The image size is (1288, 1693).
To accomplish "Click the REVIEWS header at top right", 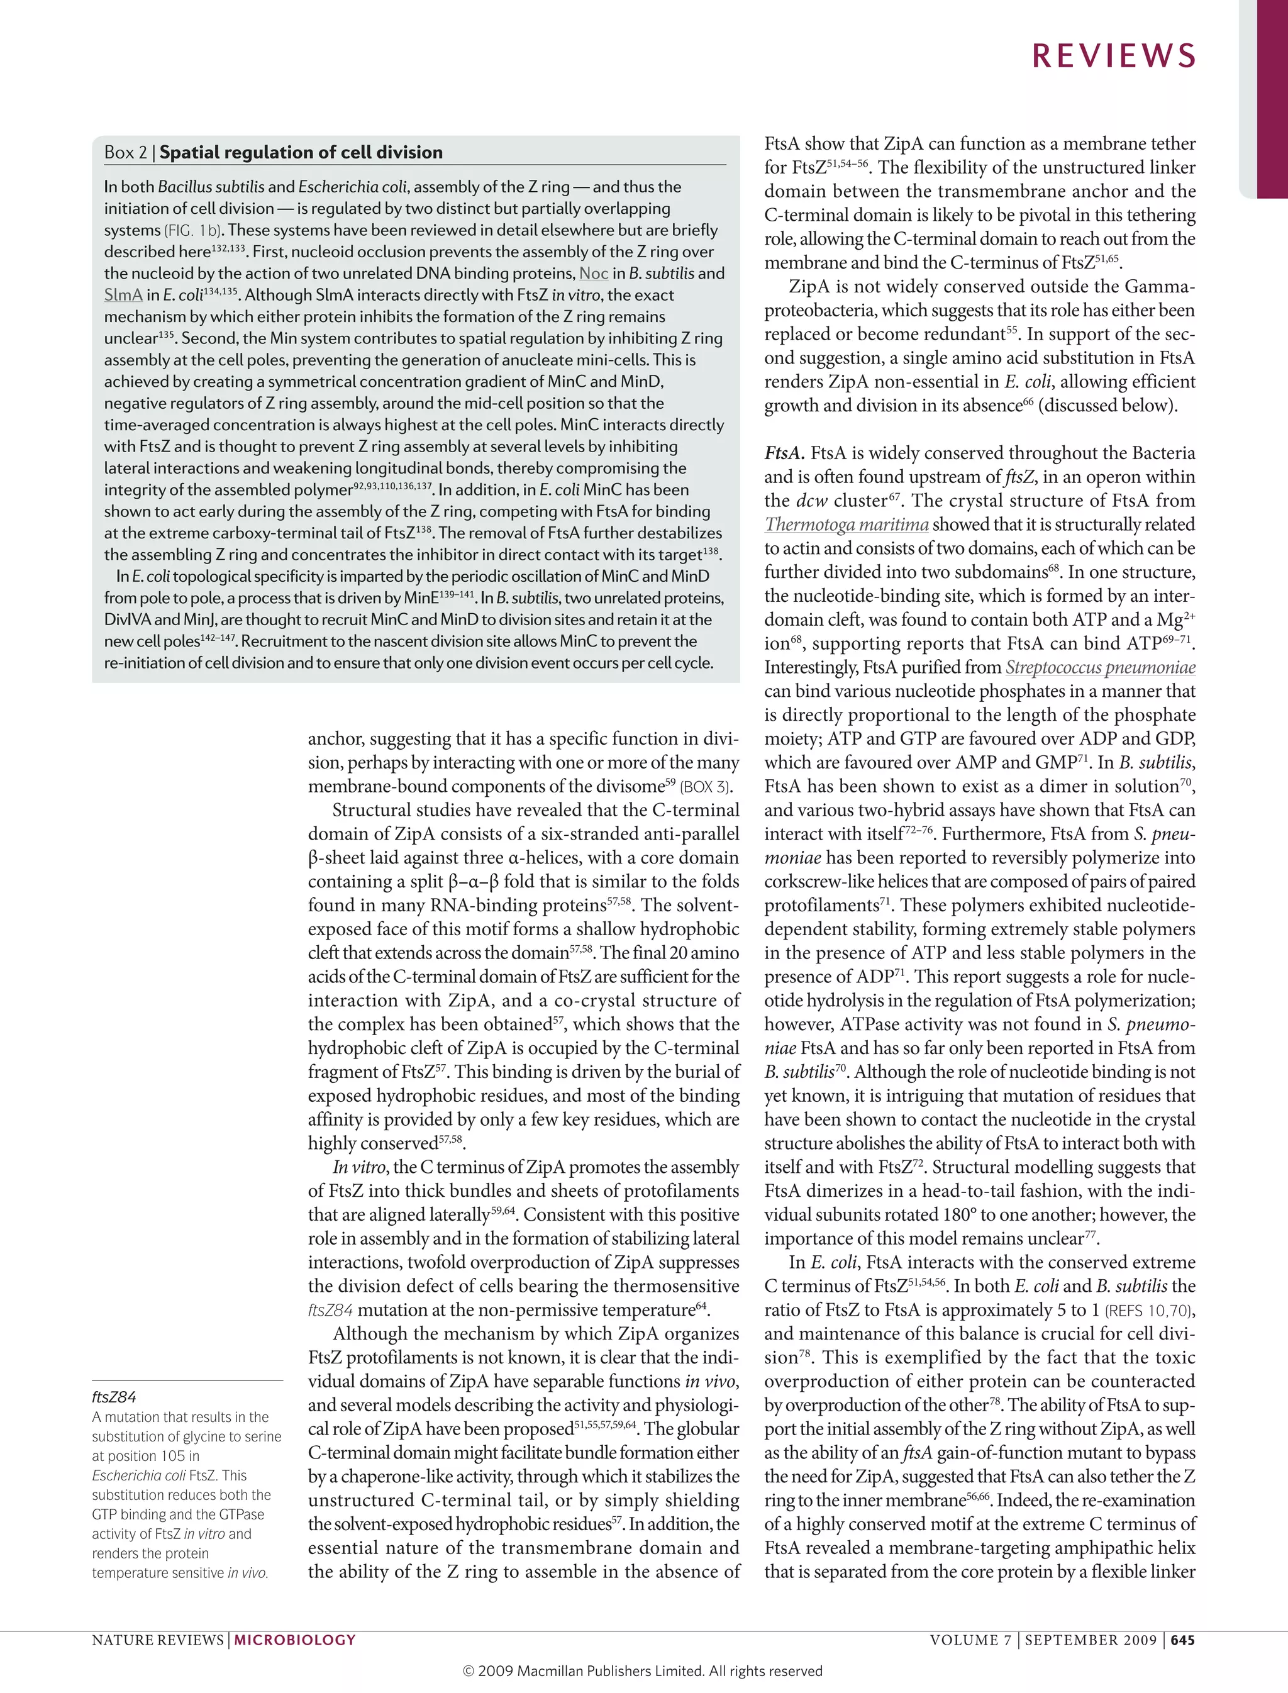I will coord(1113,56).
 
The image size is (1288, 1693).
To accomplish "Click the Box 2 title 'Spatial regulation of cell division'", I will coord(301,153).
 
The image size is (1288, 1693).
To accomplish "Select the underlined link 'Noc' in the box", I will coord(594,274).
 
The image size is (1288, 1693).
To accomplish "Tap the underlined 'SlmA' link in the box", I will coord(123,295).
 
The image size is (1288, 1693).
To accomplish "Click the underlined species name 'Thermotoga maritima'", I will coord(846,525).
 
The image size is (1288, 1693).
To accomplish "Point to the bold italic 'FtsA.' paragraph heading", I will coord(784,453).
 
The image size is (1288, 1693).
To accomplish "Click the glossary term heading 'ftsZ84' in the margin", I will coord(113,1397).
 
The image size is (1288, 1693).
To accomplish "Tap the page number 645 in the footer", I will coord(1182,1640).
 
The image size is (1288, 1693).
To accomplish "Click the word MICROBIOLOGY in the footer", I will coord(294,1640).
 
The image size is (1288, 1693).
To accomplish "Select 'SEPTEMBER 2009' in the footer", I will coord(1090,1640).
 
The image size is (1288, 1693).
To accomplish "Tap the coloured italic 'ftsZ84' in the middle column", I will coord(330,1311).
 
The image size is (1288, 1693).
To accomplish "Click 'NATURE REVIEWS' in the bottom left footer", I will coord(157,1640).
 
